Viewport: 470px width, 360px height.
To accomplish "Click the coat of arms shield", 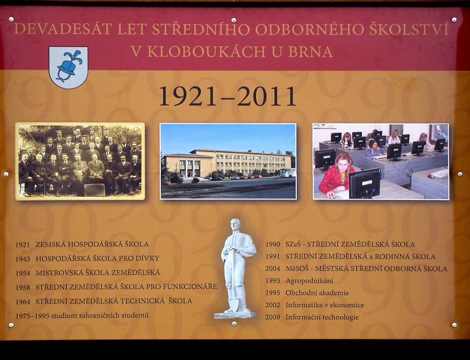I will [x=68, y=67].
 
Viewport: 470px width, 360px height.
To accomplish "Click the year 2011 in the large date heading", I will [x=268, y=96].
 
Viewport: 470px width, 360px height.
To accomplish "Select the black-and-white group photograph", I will [x=80, y=161].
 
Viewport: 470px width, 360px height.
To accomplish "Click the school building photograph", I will [x=228, y=161].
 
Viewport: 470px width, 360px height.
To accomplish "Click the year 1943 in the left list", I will [x=23, y=258].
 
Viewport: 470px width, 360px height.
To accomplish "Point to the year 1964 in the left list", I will [x=23, y=301].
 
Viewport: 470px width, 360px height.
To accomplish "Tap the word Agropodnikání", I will [x=309, y=281].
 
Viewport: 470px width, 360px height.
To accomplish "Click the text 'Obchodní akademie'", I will [x=317, y=293].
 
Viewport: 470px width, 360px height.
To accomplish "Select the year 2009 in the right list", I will [x=273, y=317].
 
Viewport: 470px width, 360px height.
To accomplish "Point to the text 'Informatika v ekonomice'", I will [x=325, y=305].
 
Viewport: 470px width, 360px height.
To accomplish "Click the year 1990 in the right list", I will [x=273, y=244].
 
